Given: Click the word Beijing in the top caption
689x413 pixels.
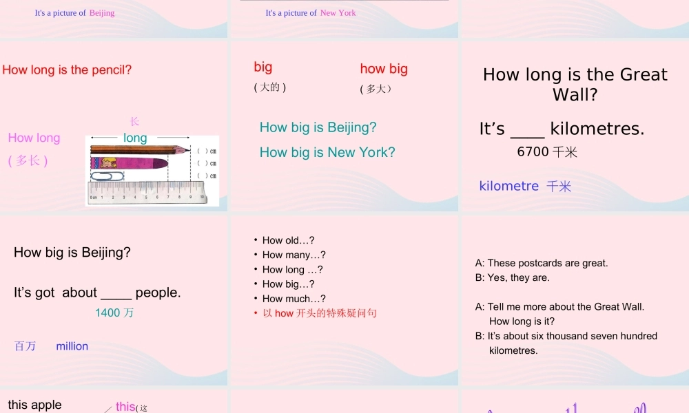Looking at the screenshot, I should click(102, 13).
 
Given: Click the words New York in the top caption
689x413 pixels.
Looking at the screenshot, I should click(338, 13).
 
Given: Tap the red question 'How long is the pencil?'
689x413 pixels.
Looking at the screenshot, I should click(67, 70).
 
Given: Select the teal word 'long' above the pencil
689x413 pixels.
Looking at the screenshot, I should click(135, 138).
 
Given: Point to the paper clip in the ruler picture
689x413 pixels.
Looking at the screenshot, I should click(107, 176).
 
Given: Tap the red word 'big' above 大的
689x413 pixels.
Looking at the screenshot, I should click(263, 67).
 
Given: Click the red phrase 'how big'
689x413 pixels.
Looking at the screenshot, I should click(384, 69).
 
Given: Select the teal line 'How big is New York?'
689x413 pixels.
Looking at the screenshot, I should click(327, 152).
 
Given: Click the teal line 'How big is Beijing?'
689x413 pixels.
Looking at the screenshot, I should click(318, 127).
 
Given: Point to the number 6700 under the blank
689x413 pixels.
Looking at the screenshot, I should click(533, 151).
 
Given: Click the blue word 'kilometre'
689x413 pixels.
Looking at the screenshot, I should click(508, 186).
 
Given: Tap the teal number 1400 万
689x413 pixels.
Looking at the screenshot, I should click(114, 313).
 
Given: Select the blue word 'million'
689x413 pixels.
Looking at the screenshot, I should click(72, 346).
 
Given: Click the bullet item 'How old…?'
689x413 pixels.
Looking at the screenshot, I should click(288, 240).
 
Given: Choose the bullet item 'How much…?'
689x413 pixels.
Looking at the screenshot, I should click(294, 299).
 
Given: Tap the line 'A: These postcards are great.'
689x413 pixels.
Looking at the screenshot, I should click(542, 263).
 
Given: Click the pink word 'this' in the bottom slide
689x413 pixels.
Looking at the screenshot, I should click(125, 406).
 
